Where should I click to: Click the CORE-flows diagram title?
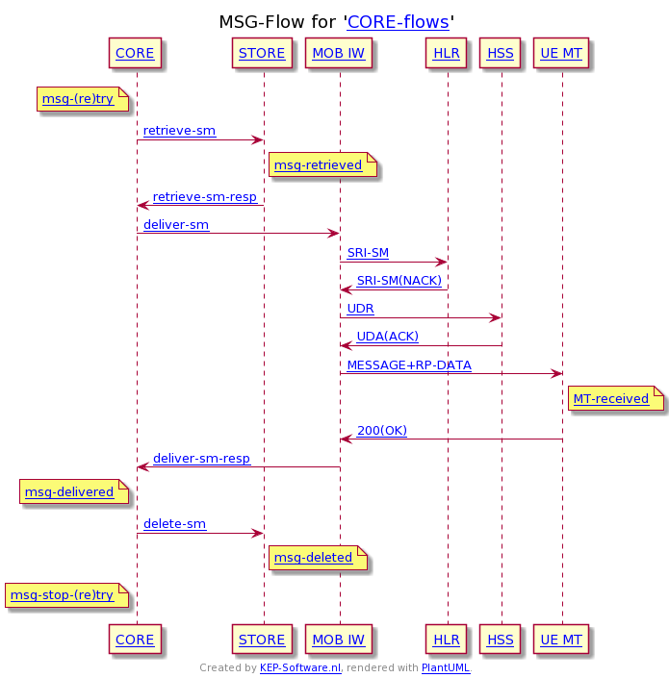(398, 22)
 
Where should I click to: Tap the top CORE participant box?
(135, 54)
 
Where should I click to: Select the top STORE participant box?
(262, 54)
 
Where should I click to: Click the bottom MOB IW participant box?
(338, 640)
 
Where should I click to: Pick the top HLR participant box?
(447, 54)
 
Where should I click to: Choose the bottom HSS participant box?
(501, 640)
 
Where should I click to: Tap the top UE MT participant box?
(561, 54)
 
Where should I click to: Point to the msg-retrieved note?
(319, 165)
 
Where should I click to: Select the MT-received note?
(611, 398)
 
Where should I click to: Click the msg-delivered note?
(69, 492)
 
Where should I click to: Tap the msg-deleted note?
(314, 558)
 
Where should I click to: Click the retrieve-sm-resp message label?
(205, 197)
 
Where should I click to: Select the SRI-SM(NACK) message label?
(399, 281)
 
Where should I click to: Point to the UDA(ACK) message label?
(387, 337)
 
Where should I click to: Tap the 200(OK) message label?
(381, 431)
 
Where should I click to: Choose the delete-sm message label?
(174, 524)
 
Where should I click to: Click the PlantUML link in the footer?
(446, 667)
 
